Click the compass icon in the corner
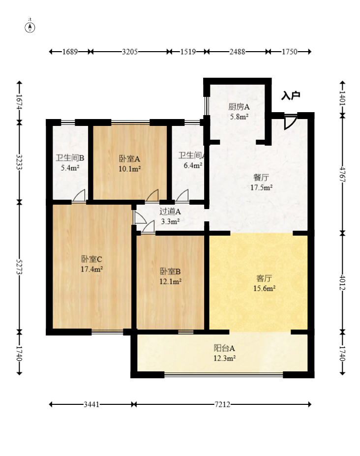tap(30, 27)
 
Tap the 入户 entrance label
tap(291, 95)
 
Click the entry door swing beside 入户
tap(291, 122)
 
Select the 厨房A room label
tap(239, 107)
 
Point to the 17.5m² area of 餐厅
tap(262, 187)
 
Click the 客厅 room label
tap(264, 278)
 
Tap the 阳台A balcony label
tap(224, 348)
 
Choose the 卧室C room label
tap(91, 259)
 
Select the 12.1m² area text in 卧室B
tap(170, 281)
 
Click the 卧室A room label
tap(130, 159)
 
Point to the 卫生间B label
tap(70, 158)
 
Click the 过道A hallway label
tap(170, 212)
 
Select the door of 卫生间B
tap(79, 195)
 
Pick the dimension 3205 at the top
tap(130, 52)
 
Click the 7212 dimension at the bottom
tap(222, 404)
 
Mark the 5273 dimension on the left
tap(19, 267)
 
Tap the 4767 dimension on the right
tap(342, 174)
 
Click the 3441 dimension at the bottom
tap(91, 404)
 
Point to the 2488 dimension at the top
tap(237, 52)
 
